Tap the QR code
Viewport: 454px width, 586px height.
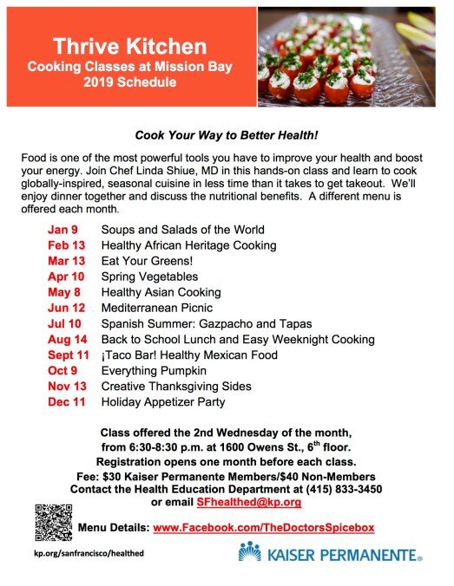[x=53, y=521]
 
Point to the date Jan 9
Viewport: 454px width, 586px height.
[x=63, y=230]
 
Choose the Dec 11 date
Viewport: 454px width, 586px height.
[x=65, y=401]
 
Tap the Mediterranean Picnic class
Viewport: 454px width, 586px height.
[x=157, y=308]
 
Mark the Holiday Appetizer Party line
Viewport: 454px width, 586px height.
[x=163, y=401]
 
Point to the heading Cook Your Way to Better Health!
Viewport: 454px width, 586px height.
[x=226, y=135]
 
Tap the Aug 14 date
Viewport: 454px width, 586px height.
[x=66, y=339]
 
